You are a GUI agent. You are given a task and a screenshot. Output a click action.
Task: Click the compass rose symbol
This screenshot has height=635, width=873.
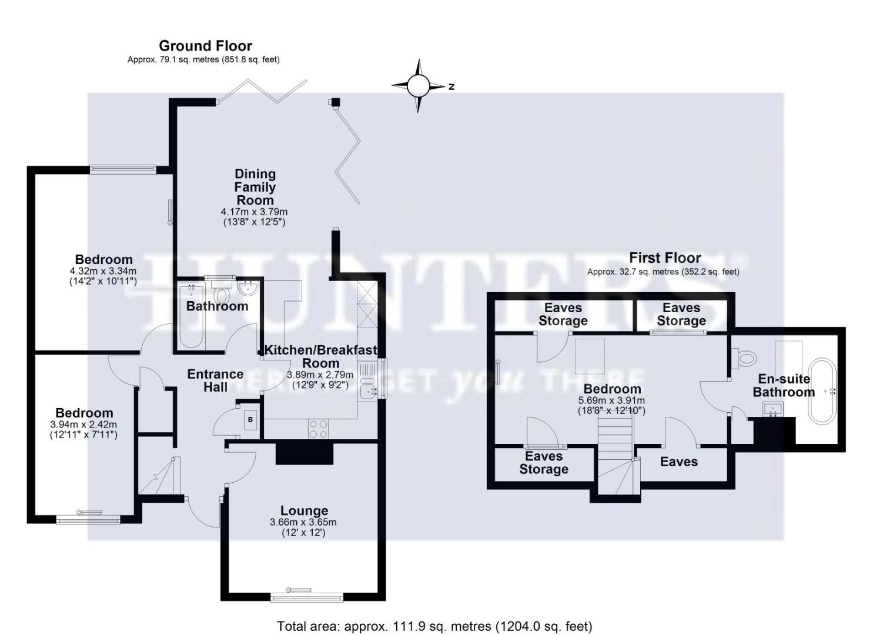[x=418, y=86]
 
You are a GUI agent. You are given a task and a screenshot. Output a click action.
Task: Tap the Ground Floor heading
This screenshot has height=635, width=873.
[x=205, y=46]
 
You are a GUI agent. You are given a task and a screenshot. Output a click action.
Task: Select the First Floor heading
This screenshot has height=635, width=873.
[x=665, y=258]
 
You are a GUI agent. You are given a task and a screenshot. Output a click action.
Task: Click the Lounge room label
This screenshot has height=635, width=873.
[x=304, y=510]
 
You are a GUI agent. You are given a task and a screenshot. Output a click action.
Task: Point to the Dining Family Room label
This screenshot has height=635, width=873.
[x=255, y=187]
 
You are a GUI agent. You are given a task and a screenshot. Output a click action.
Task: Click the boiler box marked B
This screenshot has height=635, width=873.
[x=250, y=420]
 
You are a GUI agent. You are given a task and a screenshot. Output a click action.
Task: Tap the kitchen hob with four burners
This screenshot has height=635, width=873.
[x=319, y=429]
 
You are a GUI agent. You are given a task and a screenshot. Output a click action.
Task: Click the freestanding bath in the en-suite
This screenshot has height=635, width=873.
[x=821, y=391]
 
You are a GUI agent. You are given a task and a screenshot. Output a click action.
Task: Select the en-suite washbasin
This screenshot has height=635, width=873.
[x=772, y=409]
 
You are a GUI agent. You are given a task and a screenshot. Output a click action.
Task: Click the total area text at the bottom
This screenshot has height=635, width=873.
[x=434, y=626]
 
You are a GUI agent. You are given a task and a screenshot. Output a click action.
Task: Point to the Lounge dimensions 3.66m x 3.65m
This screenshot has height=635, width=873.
[x=303, y=522]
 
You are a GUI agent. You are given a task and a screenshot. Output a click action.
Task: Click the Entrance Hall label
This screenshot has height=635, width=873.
[x=215, y=380]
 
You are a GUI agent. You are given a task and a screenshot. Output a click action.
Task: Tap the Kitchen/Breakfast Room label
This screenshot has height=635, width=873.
[x=320, y=356]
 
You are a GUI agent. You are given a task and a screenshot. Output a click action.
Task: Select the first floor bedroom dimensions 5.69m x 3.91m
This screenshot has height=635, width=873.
[x=612, y=400]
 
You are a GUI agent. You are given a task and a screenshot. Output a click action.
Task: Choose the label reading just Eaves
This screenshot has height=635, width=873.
[x=678, y=462]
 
